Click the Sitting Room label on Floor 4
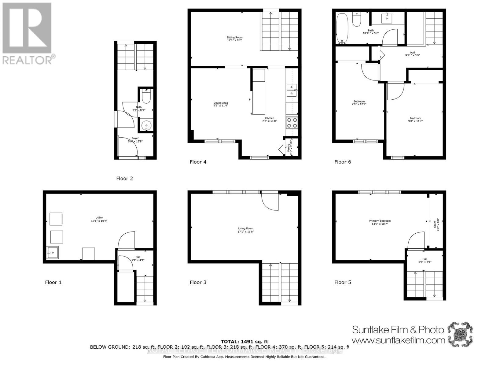(x=234, y=39)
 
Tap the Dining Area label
(x=221, y=104)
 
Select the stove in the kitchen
(x=292, y=123)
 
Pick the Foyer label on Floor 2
(x=135, y=140)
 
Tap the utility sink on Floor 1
(x=52, y=253)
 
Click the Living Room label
(x=246, y=230)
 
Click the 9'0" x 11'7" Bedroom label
(x=415, y=120)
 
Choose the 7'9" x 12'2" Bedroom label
(x=359, y=103)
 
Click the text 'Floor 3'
(x=198, y=282)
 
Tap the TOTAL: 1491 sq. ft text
(x=244, y=342)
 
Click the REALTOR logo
(x=28, y=34)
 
